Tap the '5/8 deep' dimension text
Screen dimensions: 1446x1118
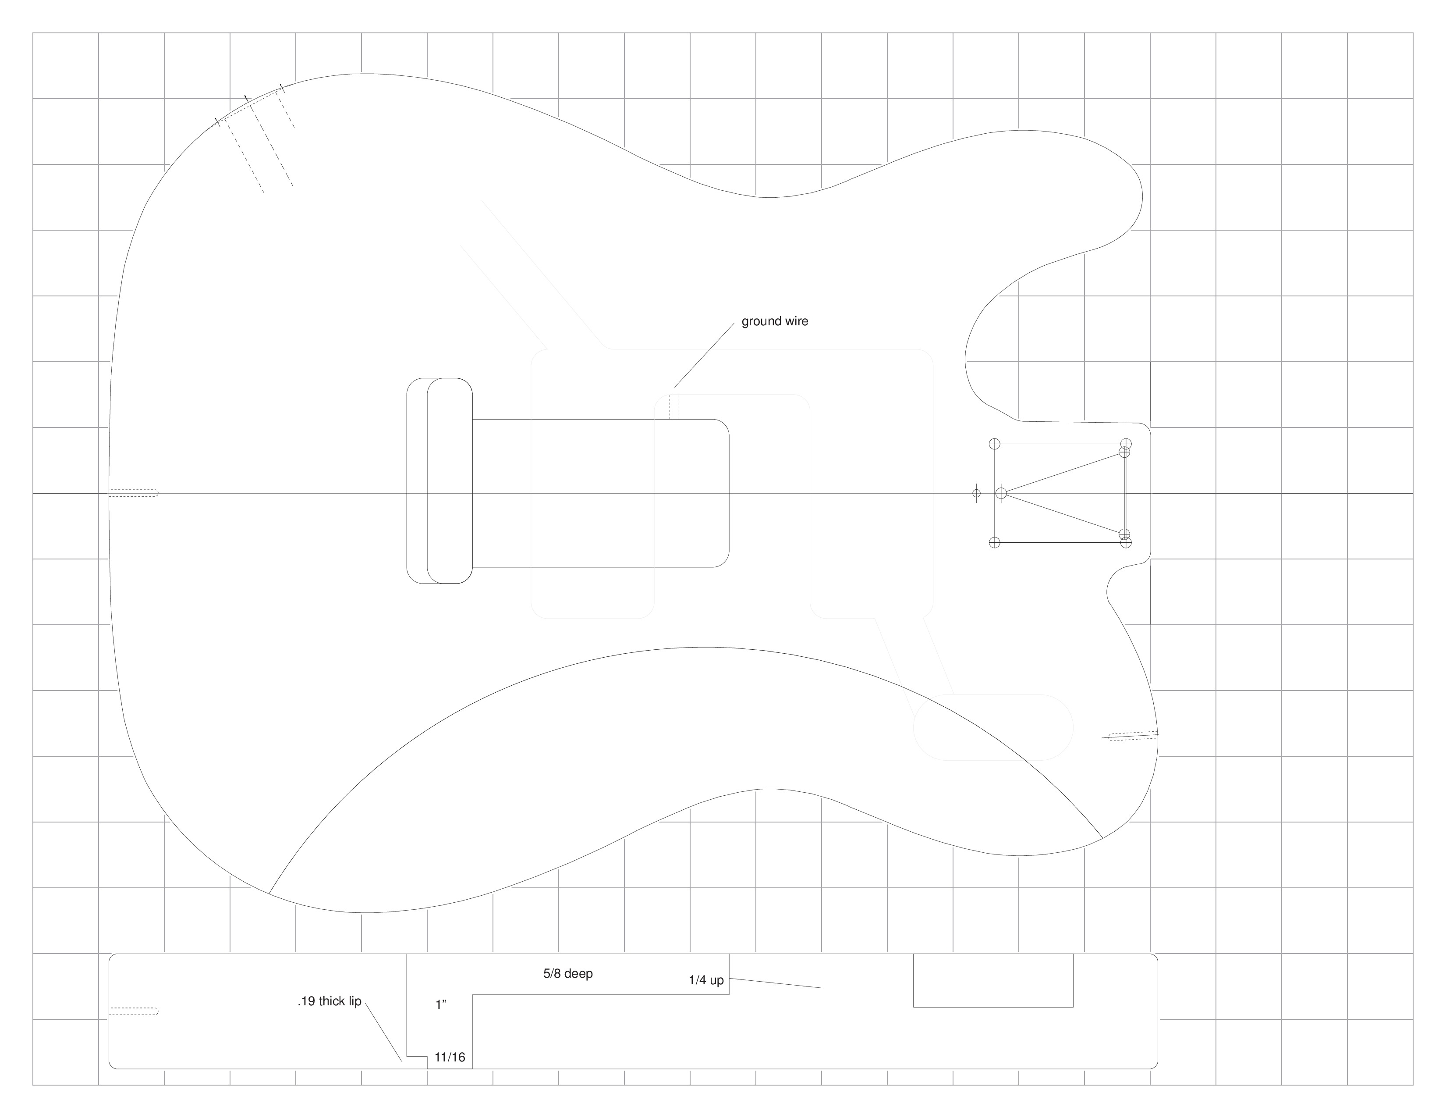pos(568,974)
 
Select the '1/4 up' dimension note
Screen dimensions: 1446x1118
pos(706,980)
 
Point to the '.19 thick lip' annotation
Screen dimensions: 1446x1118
pos(329,1001)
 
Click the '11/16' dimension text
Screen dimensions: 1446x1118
pos(450,1057)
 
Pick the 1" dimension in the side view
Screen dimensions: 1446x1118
pos(441,1005)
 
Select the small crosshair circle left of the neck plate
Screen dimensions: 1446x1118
pos(976,493)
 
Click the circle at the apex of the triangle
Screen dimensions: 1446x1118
pos(1001,493)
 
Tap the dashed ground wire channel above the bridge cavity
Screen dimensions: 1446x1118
pos(674,407)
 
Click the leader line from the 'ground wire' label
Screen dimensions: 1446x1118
pos(705,355)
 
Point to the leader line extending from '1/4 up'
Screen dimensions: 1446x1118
pos(776,983)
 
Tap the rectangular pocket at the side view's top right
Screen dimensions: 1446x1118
pos(992,980)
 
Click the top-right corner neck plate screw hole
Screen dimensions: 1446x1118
pos(1126,444)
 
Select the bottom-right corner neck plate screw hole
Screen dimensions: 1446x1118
pos(1126,542)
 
